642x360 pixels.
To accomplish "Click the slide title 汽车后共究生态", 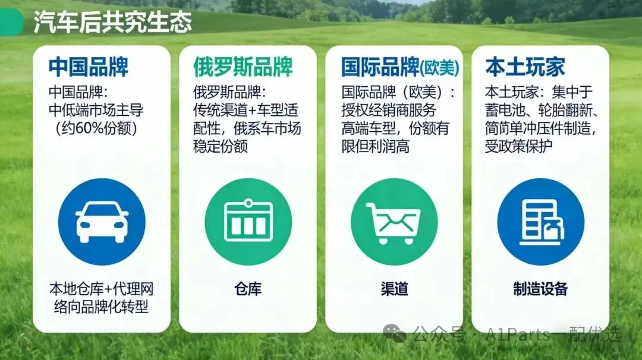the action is (x=112, y=21).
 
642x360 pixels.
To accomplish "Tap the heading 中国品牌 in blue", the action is (x=89, y=67).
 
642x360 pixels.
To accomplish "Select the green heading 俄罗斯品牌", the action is (x=243, y=67).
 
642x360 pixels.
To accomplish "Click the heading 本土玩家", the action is (x=525, y=67).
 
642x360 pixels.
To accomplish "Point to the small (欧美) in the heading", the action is (x=439, y=68).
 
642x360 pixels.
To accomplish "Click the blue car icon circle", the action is (x=102, y=222).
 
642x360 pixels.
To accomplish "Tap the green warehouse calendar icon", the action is (x=248, y=222).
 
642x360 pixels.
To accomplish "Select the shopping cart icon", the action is (x=394, y=222).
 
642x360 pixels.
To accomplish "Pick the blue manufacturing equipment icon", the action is (x=540, y=222).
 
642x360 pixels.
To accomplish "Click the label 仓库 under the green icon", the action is (x=248, y=289).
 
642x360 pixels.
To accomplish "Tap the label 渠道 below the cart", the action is (x=394, y=289).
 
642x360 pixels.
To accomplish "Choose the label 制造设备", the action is (x=540, y=289).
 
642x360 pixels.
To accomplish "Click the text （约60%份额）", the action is (x=97, y=128).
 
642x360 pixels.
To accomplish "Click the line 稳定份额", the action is (x=221, y=146).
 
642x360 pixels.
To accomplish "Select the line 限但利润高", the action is (x=376, y=146).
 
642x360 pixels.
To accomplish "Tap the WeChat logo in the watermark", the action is (x=395, y=333).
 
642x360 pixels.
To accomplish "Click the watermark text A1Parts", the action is (x=518, y=335).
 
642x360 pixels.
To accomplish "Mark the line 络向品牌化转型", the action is (x=101, y=307).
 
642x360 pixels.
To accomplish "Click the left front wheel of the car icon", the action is (x=84, y=237).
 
